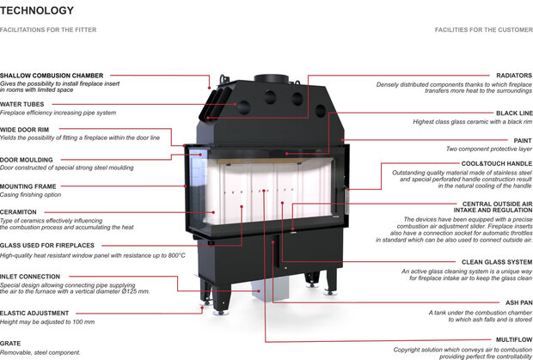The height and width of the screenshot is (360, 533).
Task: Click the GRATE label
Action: pos(10,343)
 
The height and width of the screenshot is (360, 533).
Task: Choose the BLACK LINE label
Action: pos(514,113)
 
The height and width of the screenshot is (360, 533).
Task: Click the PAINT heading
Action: pos(522,140)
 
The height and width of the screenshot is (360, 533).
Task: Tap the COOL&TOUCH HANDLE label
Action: pos(496,162)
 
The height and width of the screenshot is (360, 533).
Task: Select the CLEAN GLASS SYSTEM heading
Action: pos(497,261)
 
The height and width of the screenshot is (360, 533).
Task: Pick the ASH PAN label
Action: pos(517,303)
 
